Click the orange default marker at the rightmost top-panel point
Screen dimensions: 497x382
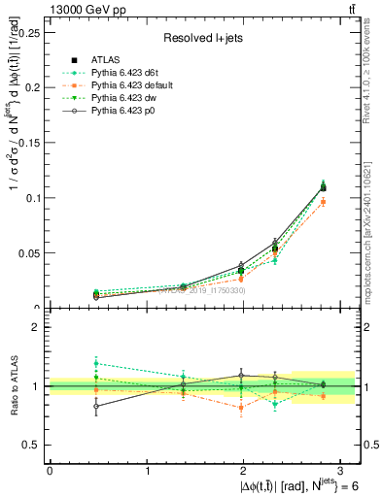324,201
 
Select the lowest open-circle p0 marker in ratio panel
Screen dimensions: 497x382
95,407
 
